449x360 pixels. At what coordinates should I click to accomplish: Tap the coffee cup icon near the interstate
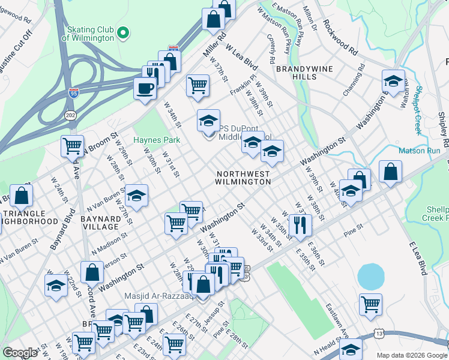pos(145,88)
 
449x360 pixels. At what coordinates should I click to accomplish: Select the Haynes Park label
pos(157,140)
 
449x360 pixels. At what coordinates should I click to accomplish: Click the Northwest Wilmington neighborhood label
pos(243,178)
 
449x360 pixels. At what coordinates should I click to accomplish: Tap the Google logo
pos(20,353)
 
